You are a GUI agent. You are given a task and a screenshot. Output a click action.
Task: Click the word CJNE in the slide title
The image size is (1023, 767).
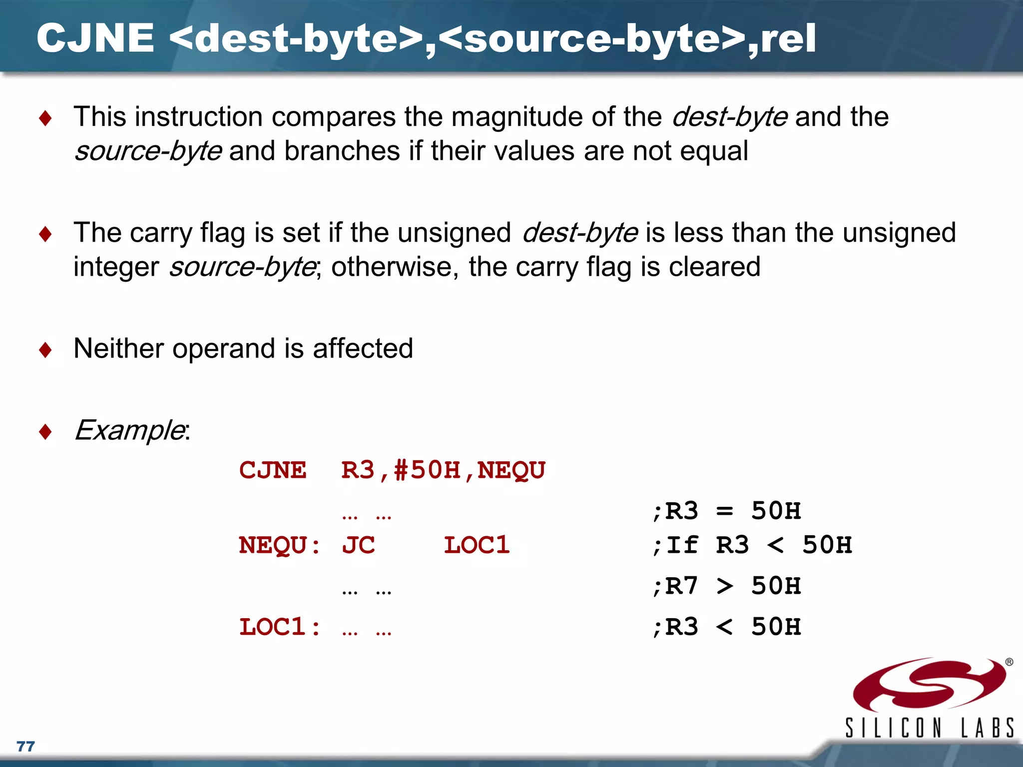[95, 38]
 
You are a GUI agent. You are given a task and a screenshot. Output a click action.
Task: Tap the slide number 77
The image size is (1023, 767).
[25, 747]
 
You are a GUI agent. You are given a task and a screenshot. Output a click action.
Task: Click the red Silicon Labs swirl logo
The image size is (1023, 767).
[929, 684]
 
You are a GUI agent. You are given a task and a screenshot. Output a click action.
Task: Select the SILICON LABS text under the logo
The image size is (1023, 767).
[929, 728]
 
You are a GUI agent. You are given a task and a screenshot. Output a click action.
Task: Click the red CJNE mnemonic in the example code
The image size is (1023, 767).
[273, 470]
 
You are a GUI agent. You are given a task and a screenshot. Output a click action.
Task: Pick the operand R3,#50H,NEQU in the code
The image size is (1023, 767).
[443, 470]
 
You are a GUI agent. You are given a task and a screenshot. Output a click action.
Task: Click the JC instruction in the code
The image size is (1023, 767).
[358, 545]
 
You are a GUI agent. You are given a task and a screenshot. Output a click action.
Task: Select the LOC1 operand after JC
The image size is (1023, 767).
[477, 545]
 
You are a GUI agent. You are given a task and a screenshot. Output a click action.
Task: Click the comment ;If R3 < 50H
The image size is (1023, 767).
[752, 545]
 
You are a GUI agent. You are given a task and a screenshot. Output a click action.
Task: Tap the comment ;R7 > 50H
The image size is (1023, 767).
[727, 586]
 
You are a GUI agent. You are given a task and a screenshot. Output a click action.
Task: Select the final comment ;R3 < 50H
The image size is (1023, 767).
[727, 627]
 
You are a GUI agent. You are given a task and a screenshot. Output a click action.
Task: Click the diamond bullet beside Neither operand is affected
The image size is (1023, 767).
[45, 350]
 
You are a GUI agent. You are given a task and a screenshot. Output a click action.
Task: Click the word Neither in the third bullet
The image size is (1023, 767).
[118, 348]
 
